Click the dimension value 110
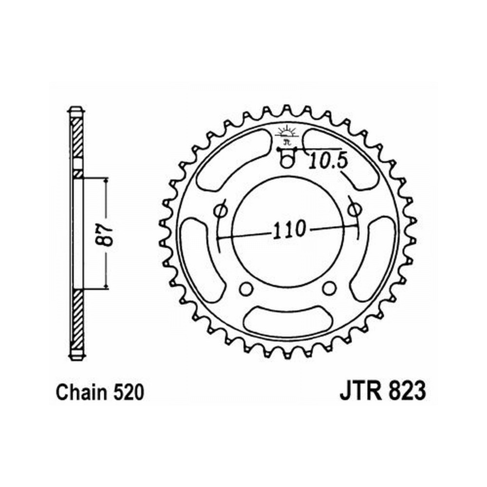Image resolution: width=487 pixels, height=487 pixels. pyautogui.click(x=289, y=229)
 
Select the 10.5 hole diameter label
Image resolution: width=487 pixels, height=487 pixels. pyautogui.click(x=328, y=161)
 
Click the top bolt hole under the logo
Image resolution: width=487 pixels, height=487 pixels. pyautogui.click(x=287, y=161)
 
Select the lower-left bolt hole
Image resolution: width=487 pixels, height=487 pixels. pyautogui.click(x=246, y=288)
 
